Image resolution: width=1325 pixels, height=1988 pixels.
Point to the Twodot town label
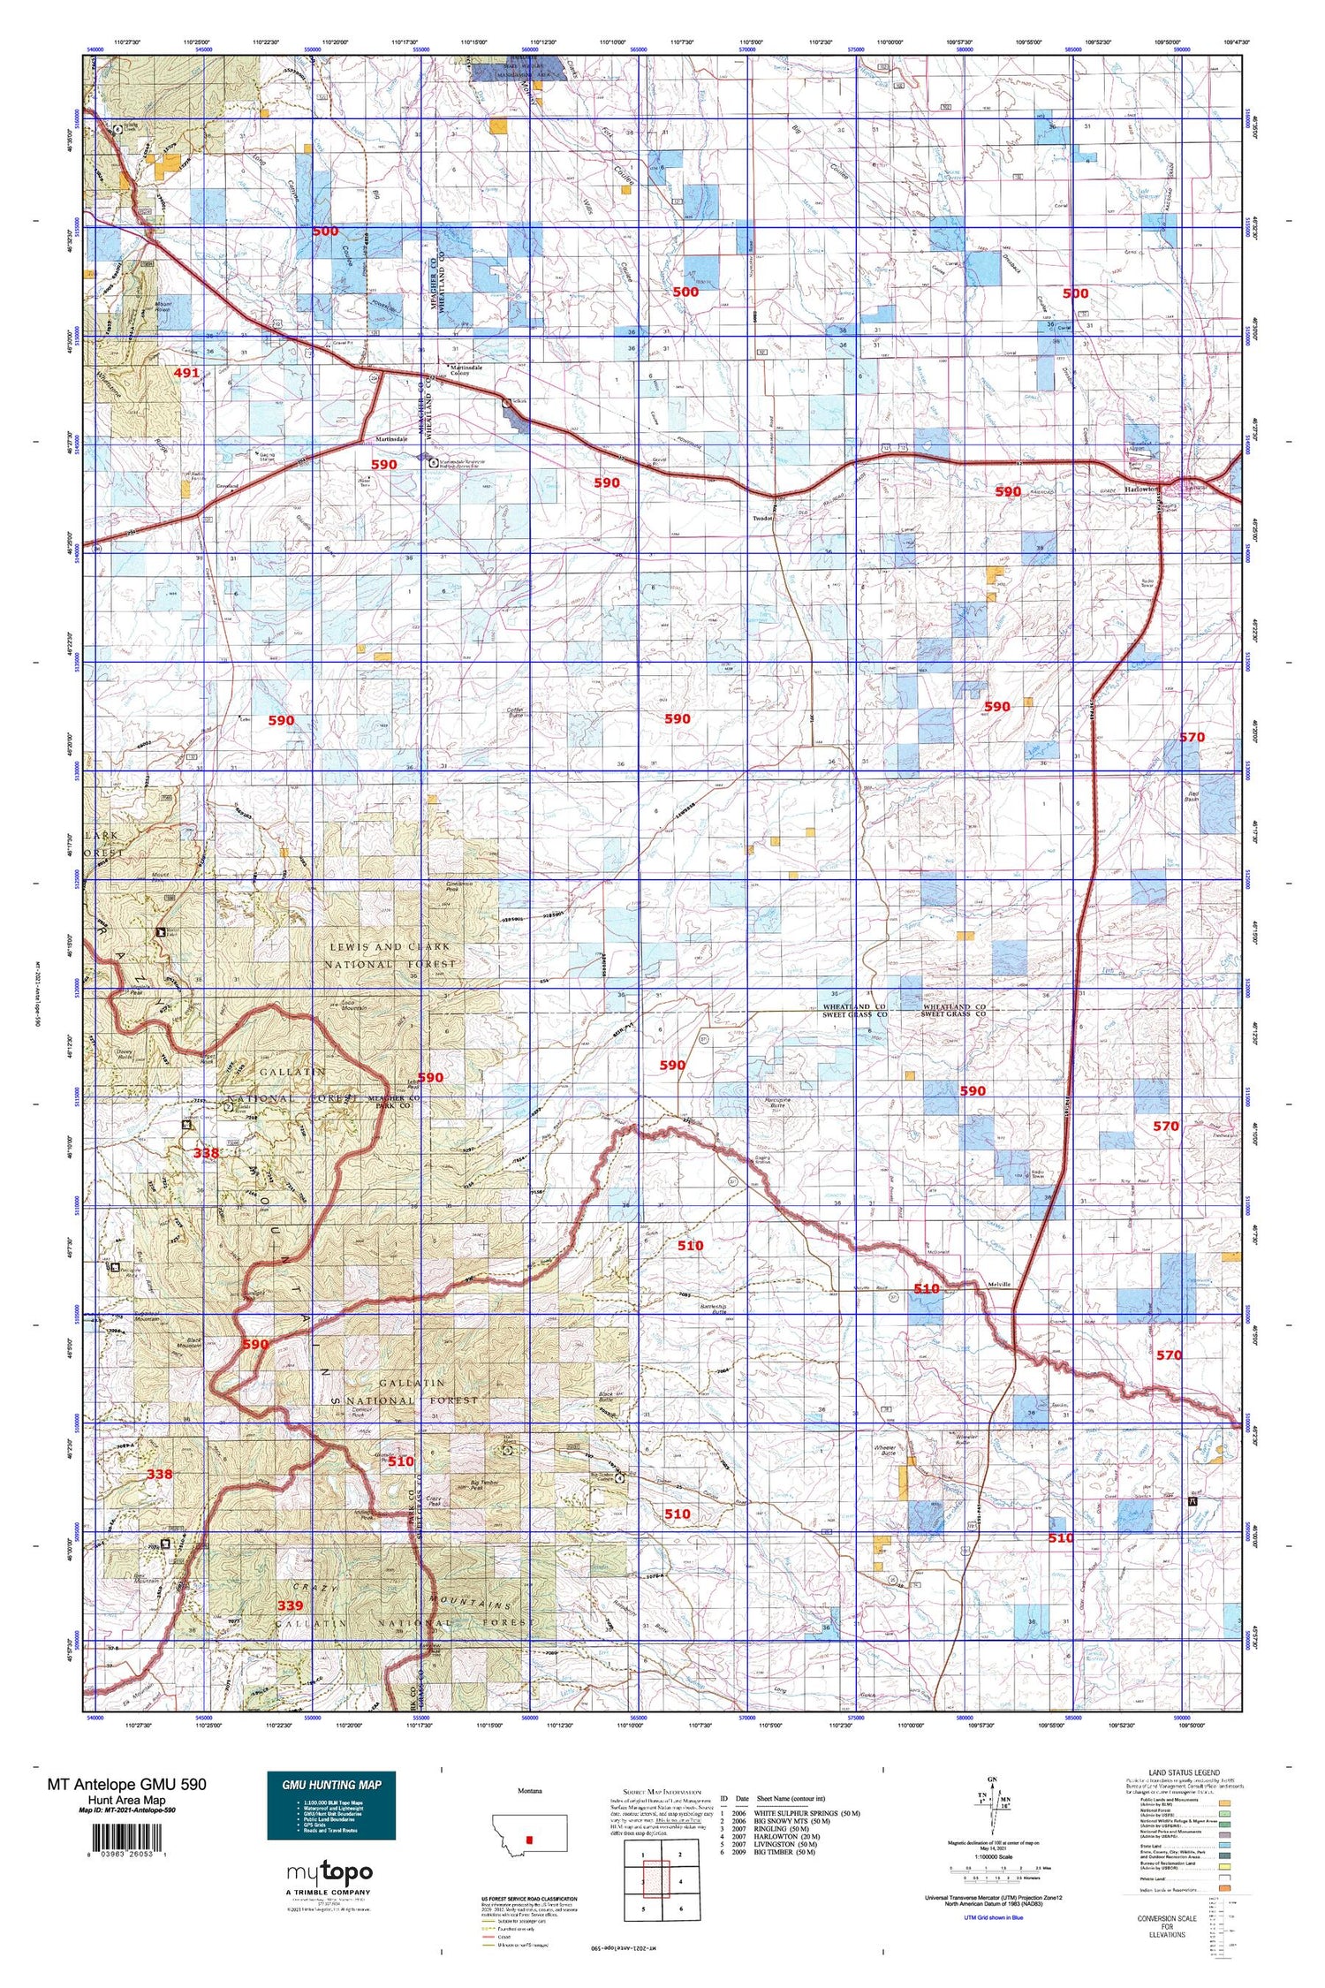[x=764, y=519]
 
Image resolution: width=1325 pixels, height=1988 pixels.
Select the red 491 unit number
[x=186, y=373]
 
